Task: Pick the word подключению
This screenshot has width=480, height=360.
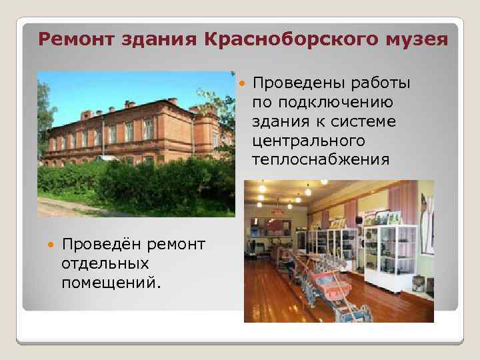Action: tap(323, 103)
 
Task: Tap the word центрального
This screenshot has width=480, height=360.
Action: tap(309, 141)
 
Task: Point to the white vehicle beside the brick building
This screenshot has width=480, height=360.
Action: tap(107, 158)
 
